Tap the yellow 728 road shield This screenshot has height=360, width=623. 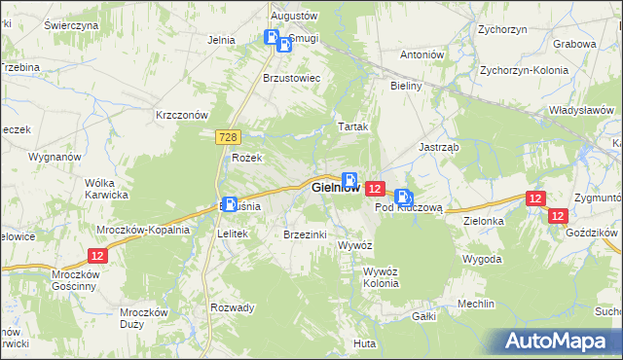(x=228, y=140)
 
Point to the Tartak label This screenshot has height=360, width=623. (x=351, y=126)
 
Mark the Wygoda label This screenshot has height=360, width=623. (x=483, y=260)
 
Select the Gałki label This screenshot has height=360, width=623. (x=422, y=316)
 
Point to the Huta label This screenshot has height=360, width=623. (x=365, y=343)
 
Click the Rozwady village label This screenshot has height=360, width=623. (x=233, y=307)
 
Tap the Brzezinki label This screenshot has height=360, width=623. (x=304, y=234)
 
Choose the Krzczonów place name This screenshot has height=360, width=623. (x=183, y=114)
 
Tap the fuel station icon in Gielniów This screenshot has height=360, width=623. (x=348, y=180)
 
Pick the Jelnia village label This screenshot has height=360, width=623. (x=222, y=40)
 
